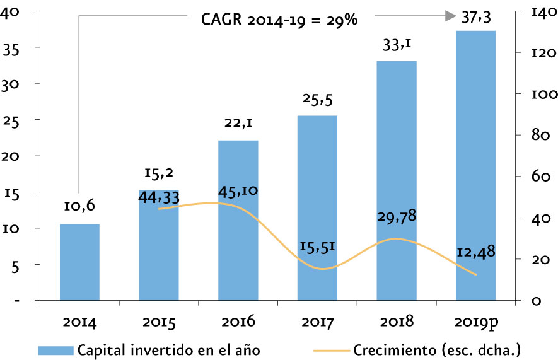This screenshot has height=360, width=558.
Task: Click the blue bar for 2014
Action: coord(79,262)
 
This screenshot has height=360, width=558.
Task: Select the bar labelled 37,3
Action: coord(476,165)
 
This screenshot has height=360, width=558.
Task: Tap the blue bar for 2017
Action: coord(317,208)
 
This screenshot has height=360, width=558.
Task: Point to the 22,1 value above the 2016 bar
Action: coord(238,123)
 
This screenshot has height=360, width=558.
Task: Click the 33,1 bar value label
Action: coord(397,45)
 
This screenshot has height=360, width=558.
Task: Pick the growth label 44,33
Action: coord(159,197)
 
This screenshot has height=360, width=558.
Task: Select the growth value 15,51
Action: coord(317,247)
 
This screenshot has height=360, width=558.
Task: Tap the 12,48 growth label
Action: coord(476,252)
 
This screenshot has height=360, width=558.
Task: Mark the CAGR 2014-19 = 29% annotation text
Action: coord(279,20)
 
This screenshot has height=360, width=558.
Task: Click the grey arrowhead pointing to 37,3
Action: coord(451,16)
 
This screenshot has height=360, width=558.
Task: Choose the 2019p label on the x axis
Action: coord(476,322)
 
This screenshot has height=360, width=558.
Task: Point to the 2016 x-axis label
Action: coord(238,321)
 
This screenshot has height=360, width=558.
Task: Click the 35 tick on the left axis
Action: coord(11,50)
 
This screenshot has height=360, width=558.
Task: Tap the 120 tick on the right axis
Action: coord(543,53)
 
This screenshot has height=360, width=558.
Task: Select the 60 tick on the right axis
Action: coord(541,176)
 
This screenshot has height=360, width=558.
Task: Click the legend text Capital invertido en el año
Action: coord(169,350)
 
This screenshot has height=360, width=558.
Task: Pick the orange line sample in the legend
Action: coord(332,351)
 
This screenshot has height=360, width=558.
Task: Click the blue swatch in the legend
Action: coord(56,351)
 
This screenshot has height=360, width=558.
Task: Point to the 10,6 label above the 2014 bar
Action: coord(79,206)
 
